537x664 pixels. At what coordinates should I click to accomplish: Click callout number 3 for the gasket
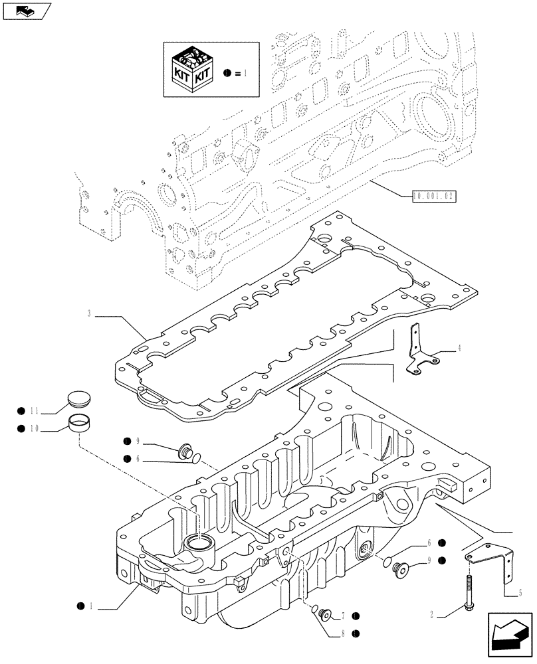tap(88, 312)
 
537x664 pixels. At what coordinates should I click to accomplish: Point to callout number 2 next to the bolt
tap(432, 616)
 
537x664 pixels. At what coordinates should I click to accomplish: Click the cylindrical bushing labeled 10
tap(80, 422)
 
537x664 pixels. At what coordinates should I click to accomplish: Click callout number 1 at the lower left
tap(90, 606)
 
